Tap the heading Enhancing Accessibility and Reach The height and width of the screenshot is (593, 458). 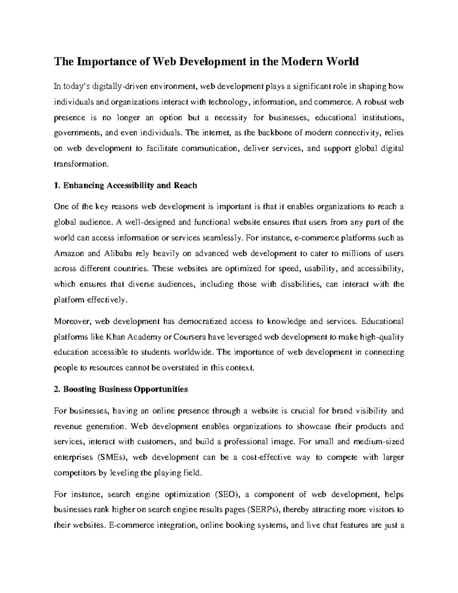point(126,186)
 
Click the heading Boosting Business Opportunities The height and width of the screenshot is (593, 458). point(121,389)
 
